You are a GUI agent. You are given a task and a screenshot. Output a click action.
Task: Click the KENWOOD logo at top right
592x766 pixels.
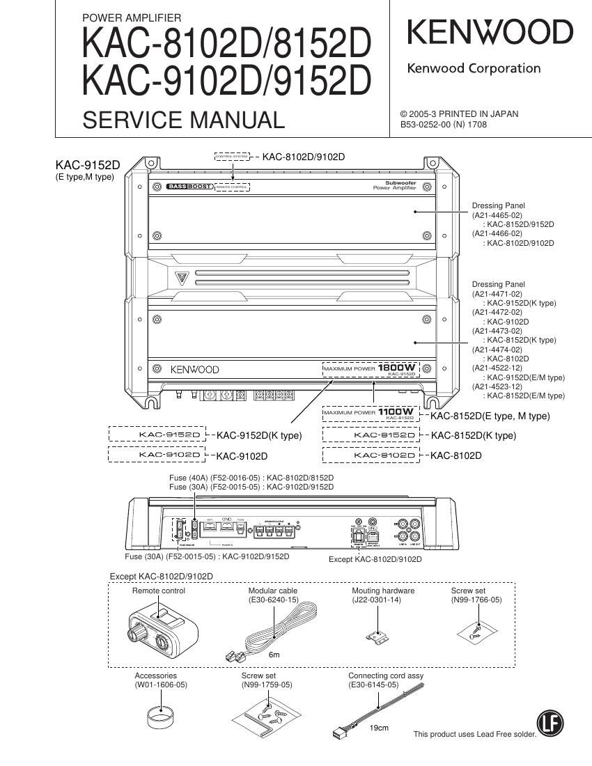(x=490, y=33)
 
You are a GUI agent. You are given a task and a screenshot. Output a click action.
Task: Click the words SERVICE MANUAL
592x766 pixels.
(x=183, y=120)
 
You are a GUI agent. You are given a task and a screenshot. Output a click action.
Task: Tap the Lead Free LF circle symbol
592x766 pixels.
(x=550, y=725)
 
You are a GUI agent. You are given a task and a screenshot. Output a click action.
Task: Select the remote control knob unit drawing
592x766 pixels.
(x=157, y=626)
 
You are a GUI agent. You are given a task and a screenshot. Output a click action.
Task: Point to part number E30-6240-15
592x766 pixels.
(x=273, y=600)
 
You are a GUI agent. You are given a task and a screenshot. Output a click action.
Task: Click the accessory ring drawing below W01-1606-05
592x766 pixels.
(x=161, y=717)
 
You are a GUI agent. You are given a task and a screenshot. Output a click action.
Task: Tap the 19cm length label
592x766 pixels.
(x=378, y=728)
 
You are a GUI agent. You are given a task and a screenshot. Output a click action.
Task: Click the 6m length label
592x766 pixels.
(x=274, y=655)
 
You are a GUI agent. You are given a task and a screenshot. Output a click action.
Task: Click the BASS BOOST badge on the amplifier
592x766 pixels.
(x=189, y=187)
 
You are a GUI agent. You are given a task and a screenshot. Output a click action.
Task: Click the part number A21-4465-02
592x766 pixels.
(x=497, y=215)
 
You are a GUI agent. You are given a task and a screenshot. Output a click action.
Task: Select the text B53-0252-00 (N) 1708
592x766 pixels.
(x=443, y=125)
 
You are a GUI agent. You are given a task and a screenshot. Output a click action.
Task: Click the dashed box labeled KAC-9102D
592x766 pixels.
(x=158, y=455)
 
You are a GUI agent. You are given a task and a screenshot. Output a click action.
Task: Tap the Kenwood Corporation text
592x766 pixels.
(x=474, y=68)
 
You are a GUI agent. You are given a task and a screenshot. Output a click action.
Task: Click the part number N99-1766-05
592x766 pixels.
(x=476, y=600)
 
